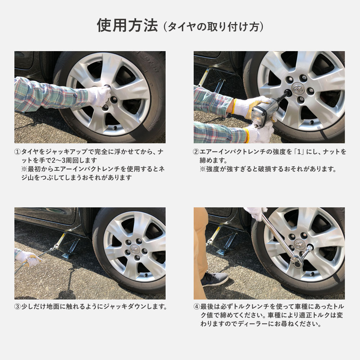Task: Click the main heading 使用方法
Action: coord(127,26)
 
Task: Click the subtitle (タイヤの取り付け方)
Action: coord(213,27)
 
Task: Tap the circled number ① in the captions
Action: coord(17,152)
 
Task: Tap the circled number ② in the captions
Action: coord(197,152)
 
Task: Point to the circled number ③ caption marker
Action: coord(17,307)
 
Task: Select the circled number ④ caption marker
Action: coord(197,307)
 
